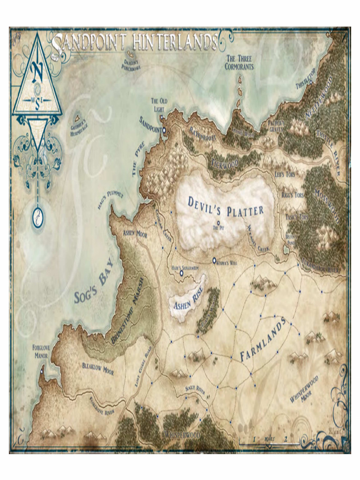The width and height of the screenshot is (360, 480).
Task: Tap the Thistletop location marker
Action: tap(310, 82)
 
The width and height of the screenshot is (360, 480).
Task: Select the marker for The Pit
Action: tap(218, 223)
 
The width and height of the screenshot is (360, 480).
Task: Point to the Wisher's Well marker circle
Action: tap(214, 260)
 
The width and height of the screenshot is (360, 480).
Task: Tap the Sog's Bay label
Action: tap(95, 288)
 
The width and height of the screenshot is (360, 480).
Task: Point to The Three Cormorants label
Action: tap(239, 62)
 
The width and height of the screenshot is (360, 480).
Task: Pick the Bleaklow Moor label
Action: tap(98, 368)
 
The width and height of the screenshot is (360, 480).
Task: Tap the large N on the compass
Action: tap(37, 73)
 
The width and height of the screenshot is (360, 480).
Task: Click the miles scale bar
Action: tap(269, 442)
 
